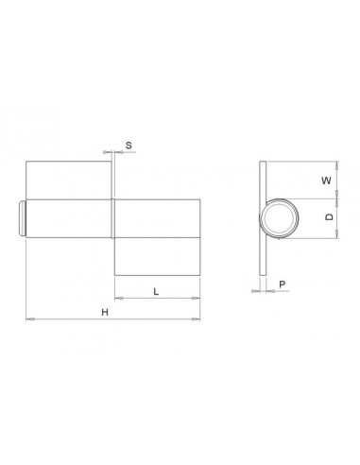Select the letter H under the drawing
click(x=106, y=311)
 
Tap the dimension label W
click(x=326, y=178)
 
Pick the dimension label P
click(x=282, y=281)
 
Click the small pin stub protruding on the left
click(x=22, y=218)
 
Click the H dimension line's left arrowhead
click(x=28, y=322)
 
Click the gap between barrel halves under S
click(x=113, y=218)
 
